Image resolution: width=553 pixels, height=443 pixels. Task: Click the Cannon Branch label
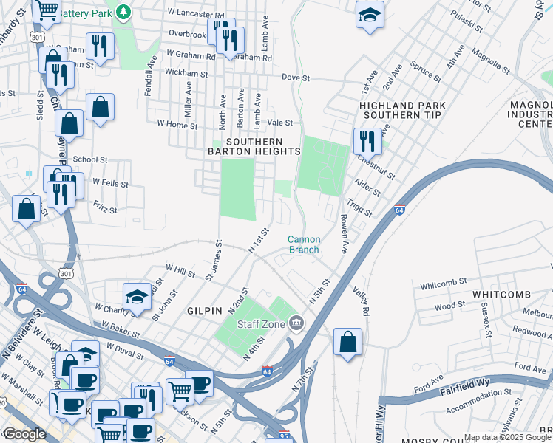tap(303, 244)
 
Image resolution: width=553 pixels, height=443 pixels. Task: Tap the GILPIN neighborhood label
tap(204, 312)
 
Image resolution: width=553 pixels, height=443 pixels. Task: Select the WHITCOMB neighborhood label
tap(501, 295)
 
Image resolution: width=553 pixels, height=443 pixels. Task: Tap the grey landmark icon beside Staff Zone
tap(296, 323)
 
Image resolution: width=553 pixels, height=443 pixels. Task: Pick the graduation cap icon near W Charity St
tap(137, 296)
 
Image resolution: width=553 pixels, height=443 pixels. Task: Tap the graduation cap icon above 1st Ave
tap(369, 15)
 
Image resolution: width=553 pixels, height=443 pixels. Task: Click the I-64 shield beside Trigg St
tap(400, 210)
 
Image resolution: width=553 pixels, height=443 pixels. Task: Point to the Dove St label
tap(295, 78)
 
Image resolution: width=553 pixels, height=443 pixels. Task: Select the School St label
tap(90, 159)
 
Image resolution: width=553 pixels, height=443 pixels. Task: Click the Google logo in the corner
tap(24, 433)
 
